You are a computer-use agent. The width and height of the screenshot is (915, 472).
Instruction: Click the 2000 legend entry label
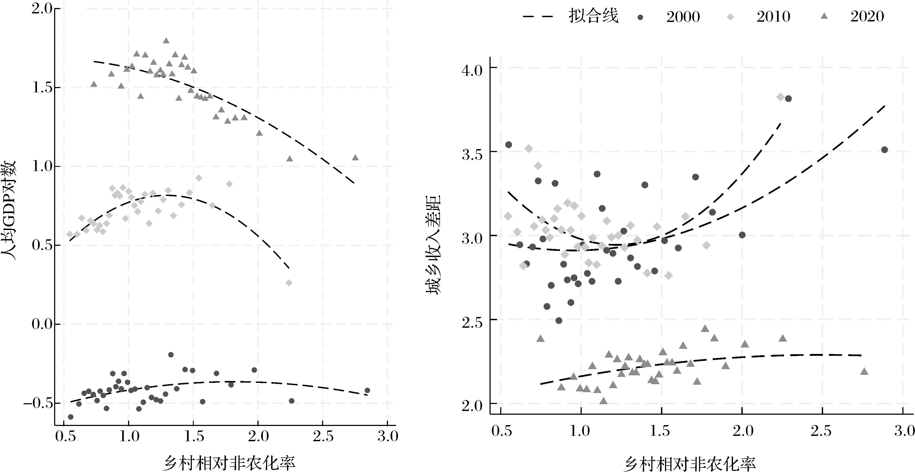[683, 17]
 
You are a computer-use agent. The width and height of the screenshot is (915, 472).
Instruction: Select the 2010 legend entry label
[773, 17]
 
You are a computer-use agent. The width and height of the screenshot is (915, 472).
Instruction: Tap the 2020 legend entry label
[867, 17]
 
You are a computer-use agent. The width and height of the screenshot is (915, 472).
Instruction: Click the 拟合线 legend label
[593, 16]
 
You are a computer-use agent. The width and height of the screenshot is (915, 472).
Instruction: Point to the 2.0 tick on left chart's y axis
[41, 9]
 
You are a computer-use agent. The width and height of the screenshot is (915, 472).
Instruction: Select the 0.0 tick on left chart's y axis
[41, 324]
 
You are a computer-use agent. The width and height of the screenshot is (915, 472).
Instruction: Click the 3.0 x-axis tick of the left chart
[387, 436]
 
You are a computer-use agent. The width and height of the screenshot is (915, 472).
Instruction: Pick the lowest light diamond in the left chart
[289, 283]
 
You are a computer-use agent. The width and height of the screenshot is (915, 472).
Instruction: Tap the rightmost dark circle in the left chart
[367, 390]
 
